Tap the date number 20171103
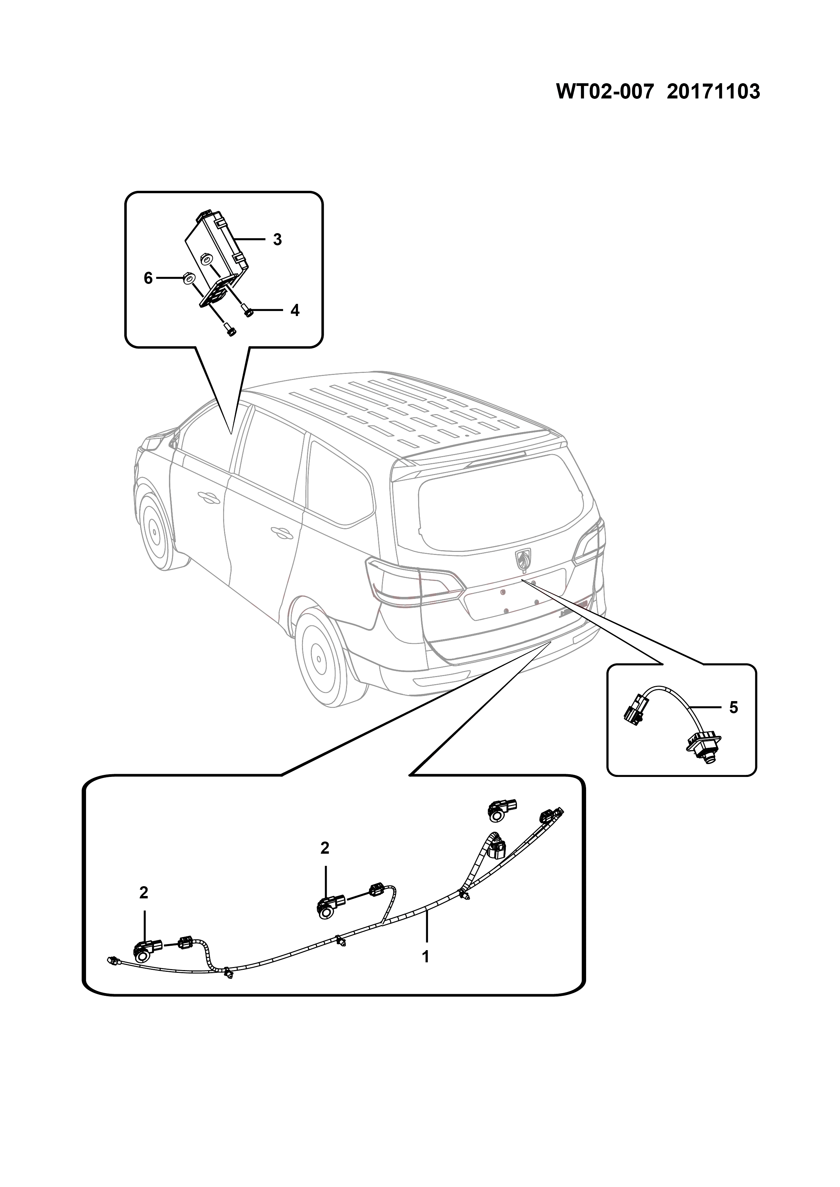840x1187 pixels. tap(713, 92)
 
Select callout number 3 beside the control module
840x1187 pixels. tap(277, 240)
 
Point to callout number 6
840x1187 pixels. tap(148, 279)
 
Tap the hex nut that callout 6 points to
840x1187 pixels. tap(189, 279)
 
